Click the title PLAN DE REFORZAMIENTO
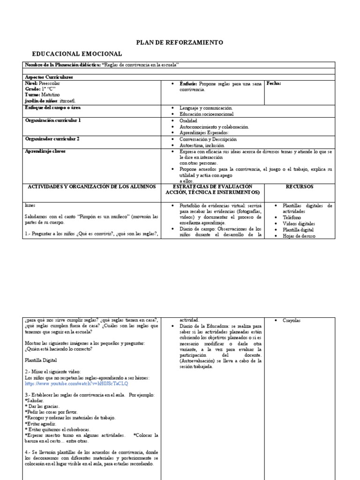180,43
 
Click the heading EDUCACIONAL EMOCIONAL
76,54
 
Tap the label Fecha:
274,83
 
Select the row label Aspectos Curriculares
49,77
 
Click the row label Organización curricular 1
53,120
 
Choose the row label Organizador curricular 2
52,139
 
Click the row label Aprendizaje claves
45,152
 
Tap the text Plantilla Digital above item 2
40,360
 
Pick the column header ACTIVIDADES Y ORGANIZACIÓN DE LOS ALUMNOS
92,187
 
